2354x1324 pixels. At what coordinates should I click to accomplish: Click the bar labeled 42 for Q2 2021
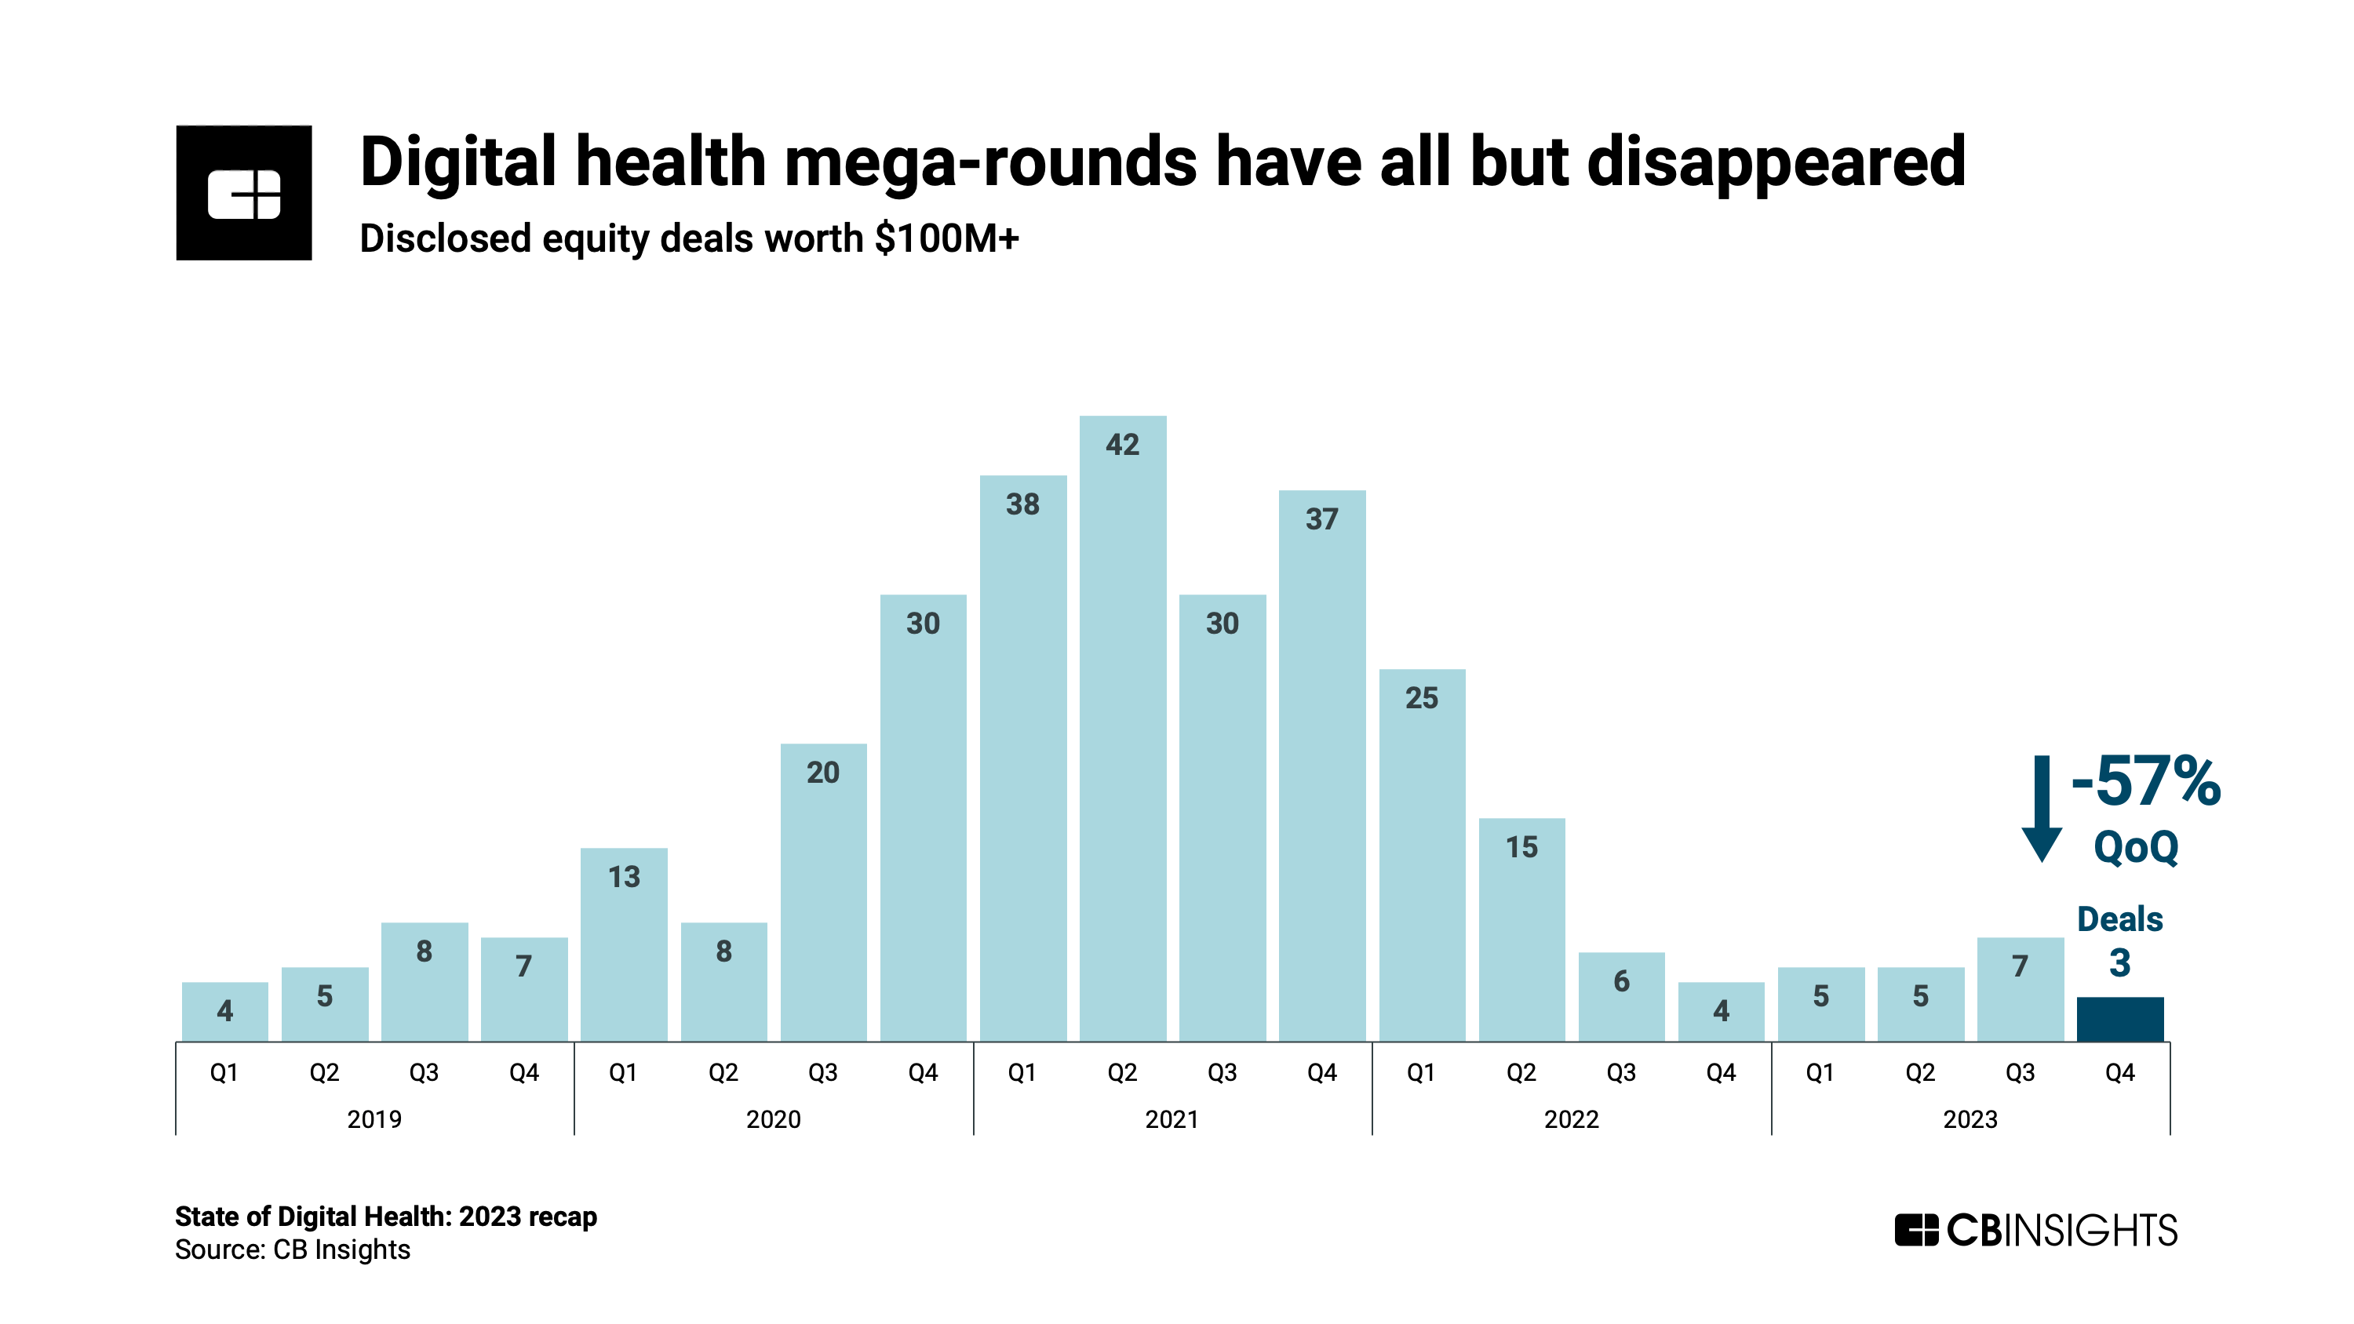(1122, 731)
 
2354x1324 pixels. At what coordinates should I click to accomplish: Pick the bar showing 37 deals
(1321, 768)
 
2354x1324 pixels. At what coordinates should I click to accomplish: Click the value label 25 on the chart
(1421, 698)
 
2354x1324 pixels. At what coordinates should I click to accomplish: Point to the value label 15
(1521, 847)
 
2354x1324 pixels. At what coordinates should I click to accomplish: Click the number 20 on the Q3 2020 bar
(822, 773)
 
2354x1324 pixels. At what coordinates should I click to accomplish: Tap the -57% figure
(2144, 782)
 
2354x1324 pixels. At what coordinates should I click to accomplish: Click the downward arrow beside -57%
(2041, 809)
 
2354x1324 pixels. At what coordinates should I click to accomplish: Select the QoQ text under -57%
(2136, 847)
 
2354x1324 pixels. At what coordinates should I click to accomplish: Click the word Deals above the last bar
(2119, 919)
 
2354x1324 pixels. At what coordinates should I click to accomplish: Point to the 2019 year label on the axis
(374, 1119)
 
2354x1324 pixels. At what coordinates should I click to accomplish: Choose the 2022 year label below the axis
(1571, 1119)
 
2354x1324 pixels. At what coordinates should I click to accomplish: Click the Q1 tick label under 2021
(1022, 1073)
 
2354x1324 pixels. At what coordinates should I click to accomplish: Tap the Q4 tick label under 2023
(2119, 1073)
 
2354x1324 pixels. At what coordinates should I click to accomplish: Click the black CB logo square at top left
(244, 193)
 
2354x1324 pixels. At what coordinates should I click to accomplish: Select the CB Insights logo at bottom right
(2035, 1230)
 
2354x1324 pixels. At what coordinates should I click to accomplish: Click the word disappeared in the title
(1776, 162)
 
